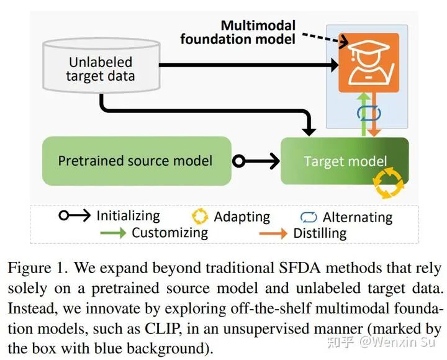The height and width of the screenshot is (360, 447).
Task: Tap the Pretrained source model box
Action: point(136,161)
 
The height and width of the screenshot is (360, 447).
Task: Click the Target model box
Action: point(345,161)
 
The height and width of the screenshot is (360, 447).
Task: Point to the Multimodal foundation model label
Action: point(238,32)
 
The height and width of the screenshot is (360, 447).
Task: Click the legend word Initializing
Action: point(128,216)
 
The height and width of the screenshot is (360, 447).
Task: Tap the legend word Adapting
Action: point(242,217)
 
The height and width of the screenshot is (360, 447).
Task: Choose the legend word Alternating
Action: point(358,217)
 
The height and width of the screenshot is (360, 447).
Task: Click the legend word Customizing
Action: point(169,233)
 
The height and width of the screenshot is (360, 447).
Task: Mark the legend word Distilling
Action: point(320,233)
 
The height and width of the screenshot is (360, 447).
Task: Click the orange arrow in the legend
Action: point(273,233)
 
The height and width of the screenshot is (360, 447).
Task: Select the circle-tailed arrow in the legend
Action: point(74,216)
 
